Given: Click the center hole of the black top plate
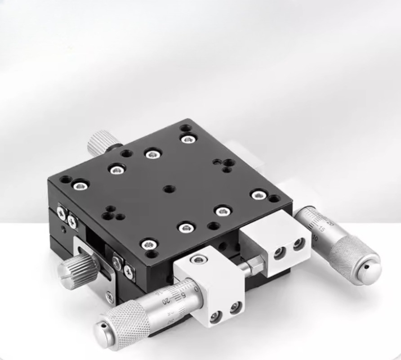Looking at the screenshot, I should click(169, 189).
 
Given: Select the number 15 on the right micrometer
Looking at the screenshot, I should click(321, 229).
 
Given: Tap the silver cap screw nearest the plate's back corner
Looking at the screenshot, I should click(187, 139).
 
